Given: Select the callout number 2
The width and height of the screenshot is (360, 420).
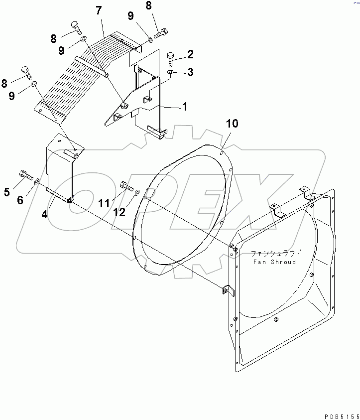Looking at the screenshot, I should (x=190, y=54).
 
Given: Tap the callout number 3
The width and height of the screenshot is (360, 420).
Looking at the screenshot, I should (x=190, y=73).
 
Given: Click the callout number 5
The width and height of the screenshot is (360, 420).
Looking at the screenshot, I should (x=7, y=192).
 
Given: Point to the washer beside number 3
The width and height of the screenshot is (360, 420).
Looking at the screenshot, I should (x=171, y=73).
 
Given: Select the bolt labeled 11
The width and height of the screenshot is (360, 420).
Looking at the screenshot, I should (x=126, y=187).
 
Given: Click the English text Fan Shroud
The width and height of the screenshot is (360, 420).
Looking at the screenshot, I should (x=274, y=262).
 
